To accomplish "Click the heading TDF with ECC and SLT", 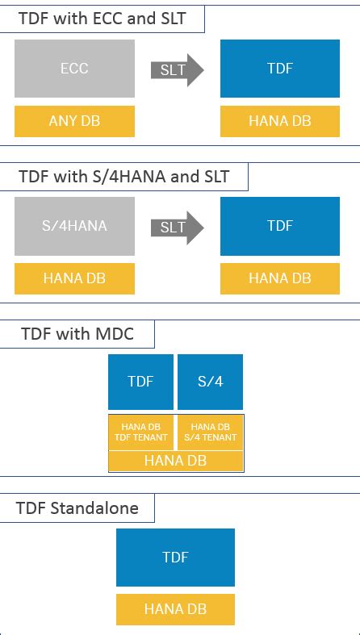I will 102,18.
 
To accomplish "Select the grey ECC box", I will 74,69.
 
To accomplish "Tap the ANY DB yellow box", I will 74,120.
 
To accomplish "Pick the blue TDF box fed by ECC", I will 279,69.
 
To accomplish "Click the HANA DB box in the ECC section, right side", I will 279,120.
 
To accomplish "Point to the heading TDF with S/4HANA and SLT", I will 123,176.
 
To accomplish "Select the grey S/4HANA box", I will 74,227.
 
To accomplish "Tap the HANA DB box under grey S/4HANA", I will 74,278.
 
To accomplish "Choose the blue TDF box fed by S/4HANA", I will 279,227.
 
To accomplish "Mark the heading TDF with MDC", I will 66,333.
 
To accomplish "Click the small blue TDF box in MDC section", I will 140,382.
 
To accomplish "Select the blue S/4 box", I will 210,382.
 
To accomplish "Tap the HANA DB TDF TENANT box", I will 140,432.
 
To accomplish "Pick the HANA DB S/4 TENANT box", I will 210,432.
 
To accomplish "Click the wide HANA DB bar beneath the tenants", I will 175,461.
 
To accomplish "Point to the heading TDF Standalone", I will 77,508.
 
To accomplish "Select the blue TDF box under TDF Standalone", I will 175,557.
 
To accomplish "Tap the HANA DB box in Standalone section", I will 175,608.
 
